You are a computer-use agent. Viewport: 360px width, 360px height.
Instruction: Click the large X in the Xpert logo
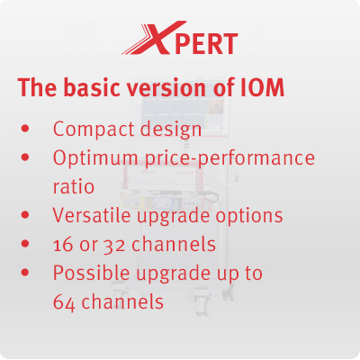point(159,38)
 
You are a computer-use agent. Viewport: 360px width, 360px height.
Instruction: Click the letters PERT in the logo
point(207,44)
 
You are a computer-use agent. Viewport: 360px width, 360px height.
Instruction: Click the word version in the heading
point(166,88)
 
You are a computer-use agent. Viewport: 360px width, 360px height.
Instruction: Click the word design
point(171,130)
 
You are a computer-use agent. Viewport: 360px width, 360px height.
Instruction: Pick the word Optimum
point(95,157)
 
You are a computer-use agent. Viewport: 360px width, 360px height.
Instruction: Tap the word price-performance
point(230,158)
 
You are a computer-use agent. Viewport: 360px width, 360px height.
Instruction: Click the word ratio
point(74,186)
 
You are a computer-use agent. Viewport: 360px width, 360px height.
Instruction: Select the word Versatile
point(93,215)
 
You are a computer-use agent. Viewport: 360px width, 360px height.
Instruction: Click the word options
point(249,216)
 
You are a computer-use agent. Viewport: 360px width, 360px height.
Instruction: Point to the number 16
point(63,245)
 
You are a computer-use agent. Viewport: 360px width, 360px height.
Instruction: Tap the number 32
point(114,246)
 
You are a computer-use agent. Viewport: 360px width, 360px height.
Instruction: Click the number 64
point(64,301)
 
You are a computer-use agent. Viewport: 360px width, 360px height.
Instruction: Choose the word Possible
point(92,273)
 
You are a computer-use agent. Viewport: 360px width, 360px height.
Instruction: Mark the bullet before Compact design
point(25,129)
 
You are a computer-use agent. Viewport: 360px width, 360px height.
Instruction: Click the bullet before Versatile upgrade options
point(25,215)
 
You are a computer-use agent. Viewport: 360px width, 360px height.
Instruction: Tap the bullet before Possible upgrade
point(25,273)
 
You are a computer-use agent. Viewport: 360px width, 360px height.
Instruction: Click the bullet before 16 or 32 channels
point(25,244)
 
